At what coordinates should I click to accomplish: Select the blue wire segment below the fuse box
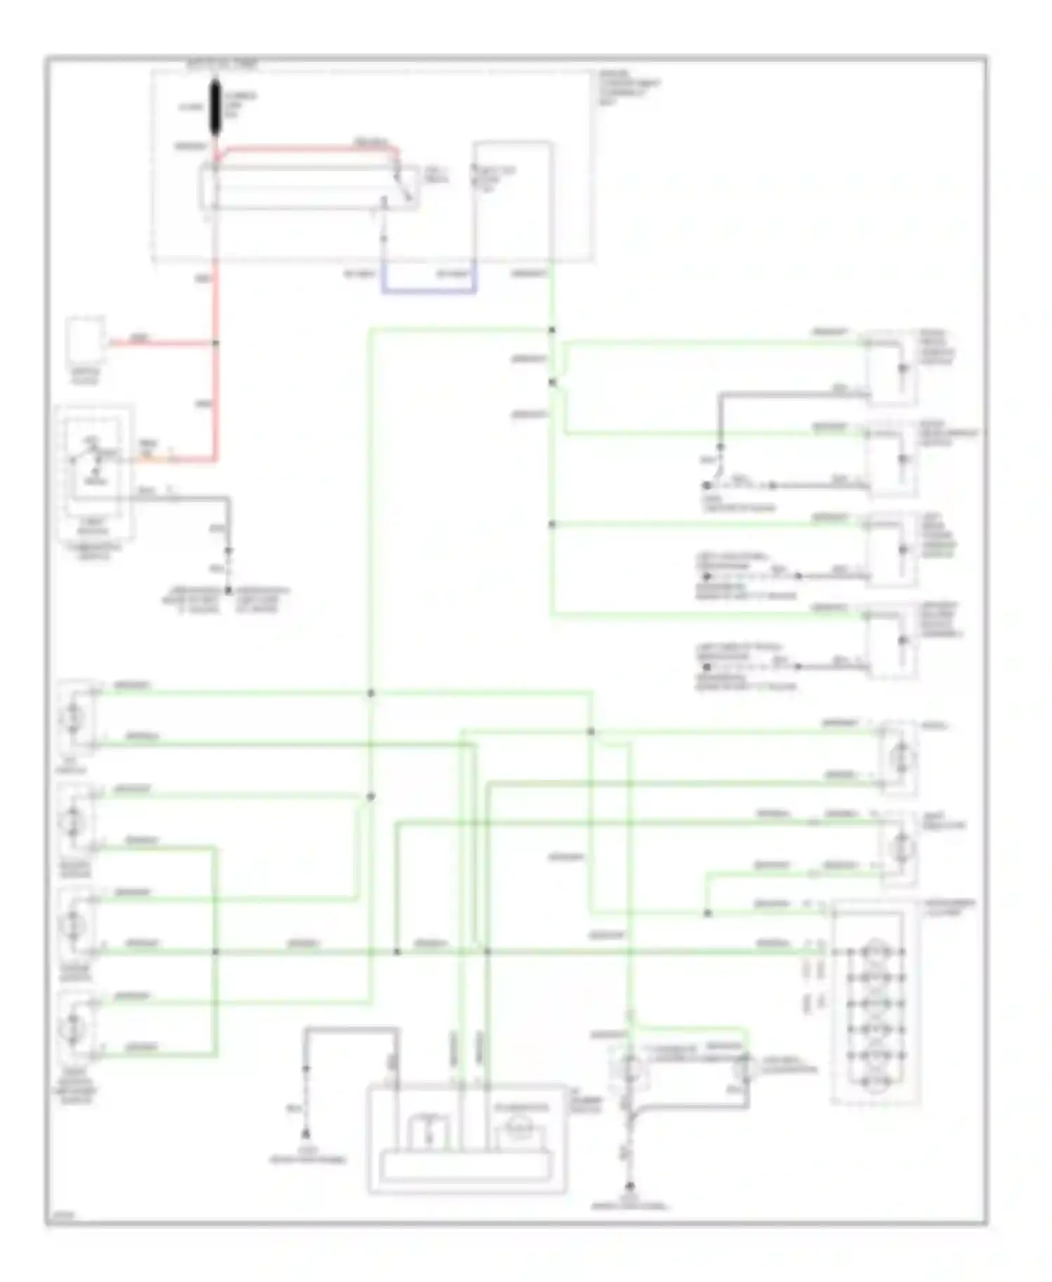pyautogui.click(x=429, y=290)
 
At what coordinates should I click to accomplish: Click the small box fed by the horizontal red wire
pyautogui.click(x=86, y=339)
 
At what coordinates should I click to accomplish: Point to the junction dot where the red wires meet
pyautogui.click(x=215, y=343)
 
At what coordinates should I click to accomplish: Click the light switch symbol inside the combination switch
pyautogui.click(x=88, y=459)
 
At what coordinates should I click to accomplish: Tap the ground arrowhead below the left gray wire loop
pyautogui.click(x=306, y=1133)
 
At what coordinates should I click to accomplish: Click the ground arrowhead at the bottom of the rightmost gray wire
pyautogui.click(x=630, y=1187)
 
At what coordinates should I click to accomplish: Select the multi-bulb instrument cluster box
pyautogui.click(x=875, y=1003)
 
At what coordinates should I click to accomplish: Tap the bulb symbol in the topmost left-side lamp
pyautogui.click(x=73, y=717)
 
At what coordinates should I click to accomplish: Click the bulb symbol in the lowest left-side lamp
pyautogui.click(x=73, y=1027)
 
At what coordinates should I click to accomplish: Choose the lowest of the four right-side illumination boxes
pyautogui.click(x=891, y=640)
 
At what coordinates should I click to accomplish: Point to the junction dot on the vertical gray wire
pyautogui.click(x=720, y=446)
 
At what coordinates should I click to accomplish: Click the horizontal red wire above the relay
pyautogui.click(x=309, y=148)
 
